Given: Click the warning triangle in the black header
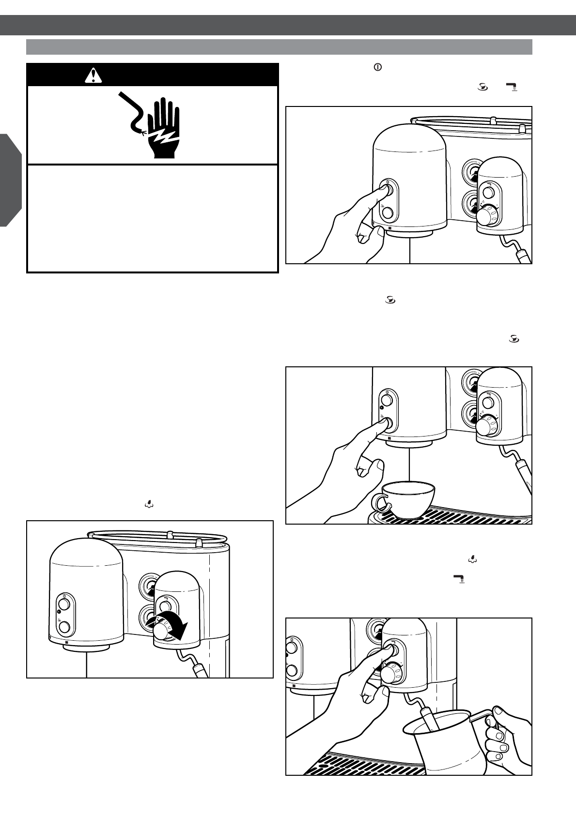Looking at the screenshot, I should pos(93,75).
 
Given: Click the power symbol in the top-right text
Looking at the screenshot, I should pos(377,68).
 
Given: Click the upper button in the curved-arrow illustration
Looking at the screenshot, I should pos(64,605).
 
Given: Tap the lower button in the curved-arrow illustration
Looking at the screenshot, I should pos(64,628).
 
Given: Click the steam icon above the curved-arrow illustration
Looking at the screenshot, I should pos(149,504).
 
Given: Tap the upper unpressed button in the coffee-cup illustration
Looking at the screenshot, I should pos(387,400).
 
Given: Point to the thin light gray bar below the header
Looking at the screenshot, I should pos(279,47).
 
